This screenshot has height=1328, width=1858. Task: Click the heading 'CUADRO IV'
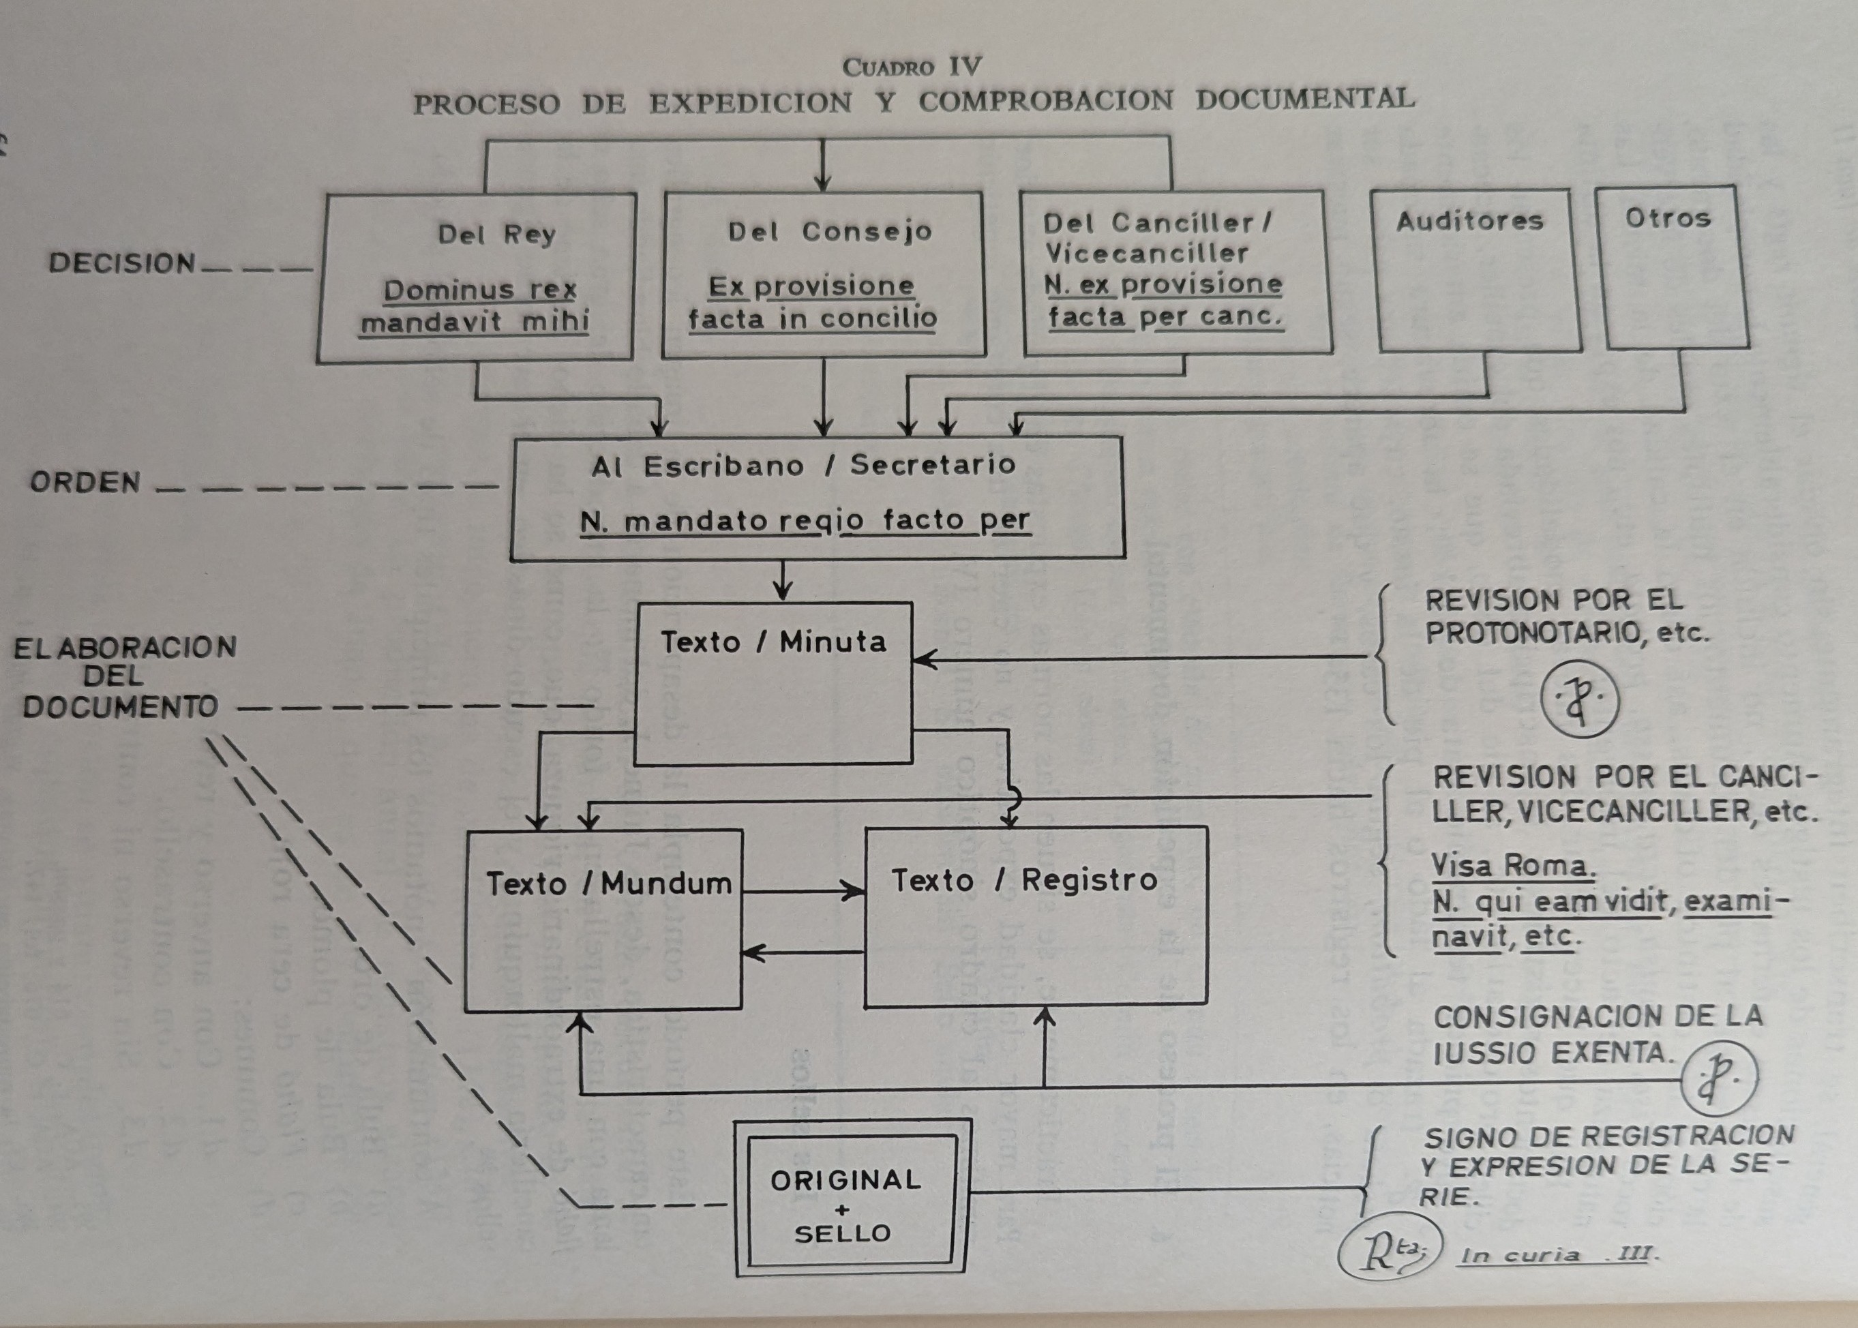click(912, 65)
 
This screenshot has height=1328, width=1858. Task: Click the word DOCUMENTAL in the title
click(1305, 99)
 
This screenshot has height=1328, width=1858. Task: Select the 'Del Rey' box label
click(496, 235)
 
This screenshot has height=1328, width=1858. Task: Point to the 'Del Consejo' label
click(829, 231)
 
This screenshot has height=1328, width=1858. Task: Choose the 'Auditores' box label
click(1469, 221)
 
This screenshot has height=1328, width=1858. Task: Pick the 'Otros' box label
click(1668, 217)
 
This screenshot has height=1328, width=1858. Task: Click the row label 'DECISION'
click(122, 262)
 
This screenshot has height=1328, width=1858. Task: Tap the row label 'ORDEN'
click(85, 483)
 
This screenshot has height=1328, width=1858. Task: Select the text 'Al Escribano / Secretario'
click(803, 466)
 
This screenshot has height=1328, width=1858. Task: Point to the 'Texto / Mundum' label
click(608, 883)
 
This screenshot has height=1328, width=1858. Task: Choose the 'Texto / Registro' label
click(1024, 880)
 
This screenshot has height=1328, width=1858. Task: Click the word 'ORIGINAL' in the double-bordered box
click(845, 1180)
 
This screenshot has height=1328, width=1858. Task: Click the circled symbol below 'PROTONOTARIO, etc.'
click(1580, 699)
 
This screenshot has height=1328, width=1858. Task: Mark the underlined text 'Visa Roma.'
click(1512, 865)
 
